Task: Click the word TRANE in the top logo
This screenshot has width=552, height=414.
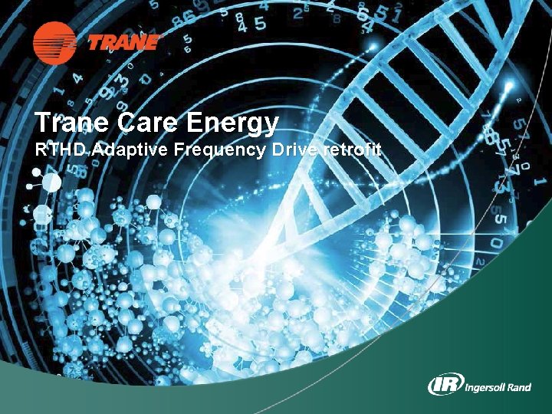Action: [125, 42]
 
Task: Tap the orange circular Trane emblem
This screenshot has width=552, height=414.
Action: [54, 41]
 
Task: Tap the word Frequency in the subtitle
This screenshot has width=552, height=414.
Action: [220, 151]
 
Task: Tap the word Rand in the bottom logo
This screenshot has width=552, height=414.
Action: [519, 386]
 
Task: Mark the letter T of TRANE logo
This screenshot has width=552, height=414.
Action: [96, 42]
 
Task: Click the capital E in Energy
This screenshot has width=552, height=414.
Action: [202, 123]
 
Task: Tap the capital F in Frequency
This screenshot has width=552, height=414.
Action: [179, 150]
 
